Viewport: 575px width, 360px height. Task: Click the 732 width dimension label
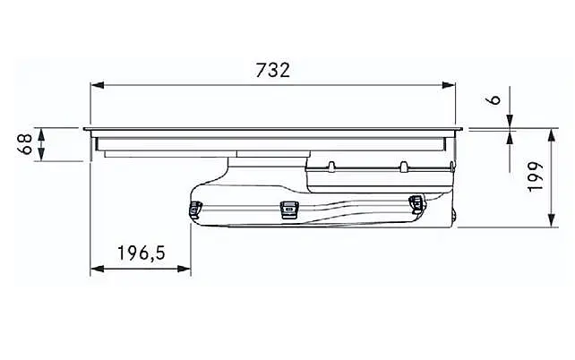272,70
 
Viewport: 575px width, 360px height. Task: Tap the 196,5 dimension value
142,253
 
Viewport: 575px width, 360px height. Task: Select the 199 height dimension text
536,176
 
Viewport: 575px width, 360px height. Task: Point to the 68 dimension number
25,144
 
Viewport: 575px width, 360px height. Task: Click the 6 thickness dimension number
495,99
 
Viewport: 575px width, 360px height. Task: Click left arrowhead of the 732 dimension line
98,85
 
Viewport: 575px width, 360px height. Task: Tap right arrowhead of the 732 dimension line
449,85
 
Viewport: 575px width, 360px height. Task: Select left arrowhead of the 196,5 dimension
98,269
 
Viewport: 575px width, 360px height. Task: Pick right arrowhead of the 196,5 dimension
185,269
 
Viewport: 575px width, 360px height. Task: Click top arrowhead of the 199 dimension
551,135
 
